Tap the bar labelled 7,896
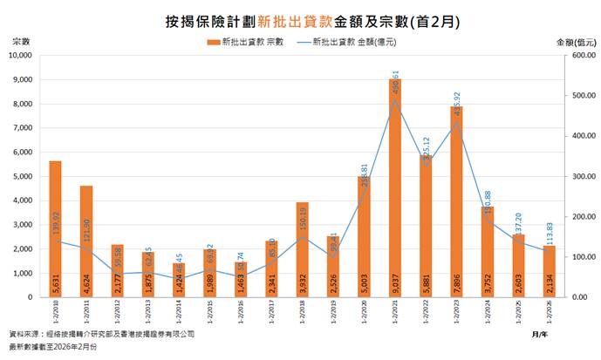[456, 201]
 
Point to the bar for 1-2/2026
[549, 271]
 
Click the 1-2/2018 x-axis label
[302, 310]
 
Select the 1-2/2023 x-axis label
[456, 310]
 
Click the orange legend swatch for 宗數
[213, 42]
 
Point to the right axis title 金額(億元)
[575, 41]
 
